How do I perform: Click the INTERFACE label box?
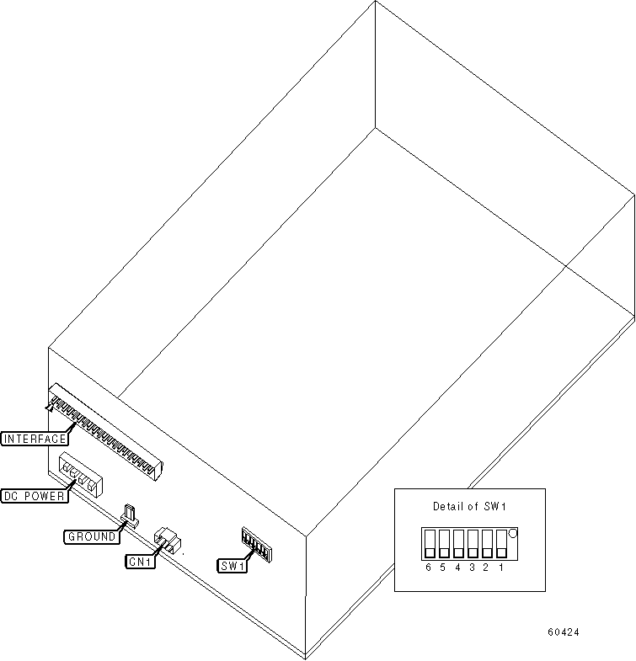pyautogui.click(x=33, y=438)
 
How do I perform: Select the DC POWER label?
pyautogui.click(x=35, y=496)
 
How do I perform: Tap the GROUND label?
pyautogui.click(x=92, y=536)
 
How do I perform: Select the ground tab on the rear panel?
pyautogui.click(x=131, y=514)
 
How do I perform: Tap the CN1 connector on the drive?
pyautogui.click(x=167, y=539)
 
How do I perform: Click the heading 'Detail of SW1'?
pyautogui.click(x=469, y=506)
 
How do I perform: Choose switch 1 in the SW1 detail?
pyautogui.click(x=502, y=544)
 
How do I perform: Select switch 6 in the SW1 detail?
pyautogui.click(x=430, y=544)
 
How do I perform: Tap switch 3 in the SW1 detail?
pyautogui.click(x=473, y=544)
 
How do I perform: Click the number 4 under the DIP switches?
pyautogui.click(x=457, y=568)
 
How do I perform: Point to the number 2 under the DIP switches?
pyautogui.click(x=487, y=568)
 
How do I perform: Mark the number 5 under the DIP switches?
pyautogui.click(x=443, y=568)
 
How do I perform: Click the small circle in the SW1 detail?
pyautogui.click(x=513, y=533)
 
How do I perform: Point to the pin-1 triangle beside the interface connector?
pyautogui.click(x=50, y=408)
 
